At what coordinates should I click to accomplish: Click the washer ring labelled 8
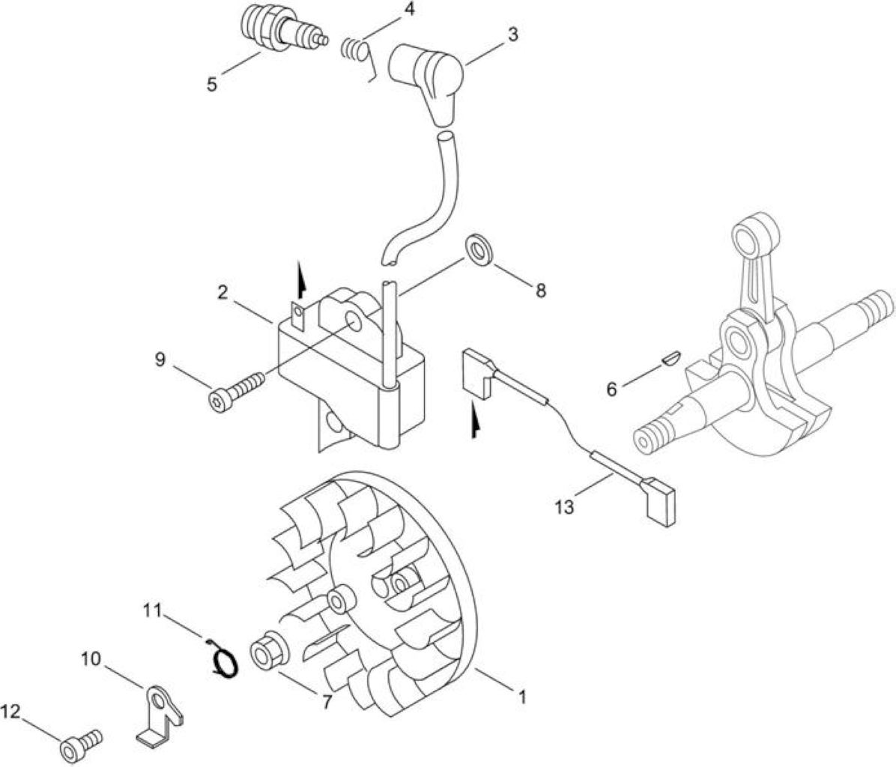tap(479, 249)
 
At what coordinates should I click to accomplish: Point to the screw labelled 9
tap(235, 390)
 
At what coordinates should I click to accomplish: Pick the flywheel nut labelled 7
tap(267, 649)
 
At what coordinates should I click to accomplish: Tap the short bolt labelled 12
tap(81, 744)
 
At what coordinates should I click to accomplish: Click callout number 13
tap(564, 507)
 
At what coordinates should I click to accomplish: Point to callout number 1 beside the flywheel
tap(521, 697)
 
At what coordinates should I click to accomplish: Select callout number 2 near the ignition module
tap(223, 293)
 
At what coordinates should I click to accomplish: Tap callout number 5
tap(212, 85)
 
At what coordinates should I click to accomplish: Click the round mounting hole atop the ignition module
tap(353, 322)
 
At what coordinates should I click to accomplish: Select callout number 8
tap(541, 291)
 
